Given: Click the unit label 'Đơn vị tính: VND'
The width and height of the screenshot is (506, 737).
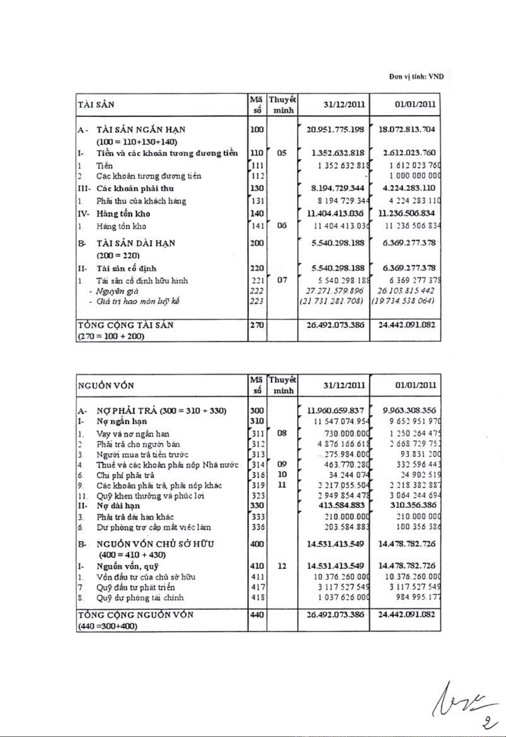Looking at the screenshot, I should [416, 77].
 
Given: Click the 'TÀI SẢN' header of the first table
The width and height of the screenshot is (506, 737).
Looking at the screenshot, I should [96, 105].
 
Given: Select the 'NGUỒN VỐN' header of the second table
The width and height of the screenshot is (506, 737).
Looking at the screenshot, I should [106, 385].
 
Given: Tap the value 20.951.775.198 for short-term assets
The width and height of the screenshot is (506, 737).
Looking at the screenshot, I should [335, 129].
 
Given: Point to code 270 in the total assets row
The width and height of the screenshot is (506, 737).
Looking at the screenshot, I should [257, 325].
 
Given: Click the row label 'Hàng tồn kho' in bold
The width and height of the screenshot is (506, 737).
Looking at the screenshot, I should [123, 214].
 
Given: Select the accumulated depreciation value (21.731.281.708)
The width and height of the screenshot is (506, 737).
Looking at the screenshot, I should [332, 301].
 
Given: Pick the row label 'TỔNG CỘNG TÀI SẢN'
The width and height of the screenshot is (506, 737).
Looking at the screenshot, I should [126, 325].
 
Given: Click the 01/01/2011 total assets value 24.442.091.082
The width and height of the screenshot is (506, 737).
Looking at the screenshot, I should [406, 325].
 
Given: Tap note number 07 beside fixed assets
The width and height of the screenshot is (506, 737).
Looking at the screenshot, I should [282, 280].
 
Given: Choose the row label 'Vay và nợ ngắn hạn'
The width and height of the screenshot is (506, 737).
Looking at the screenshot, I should [133, 434].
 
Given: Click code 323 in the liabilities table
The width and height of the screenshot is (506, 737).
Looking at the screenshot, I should [258, 495].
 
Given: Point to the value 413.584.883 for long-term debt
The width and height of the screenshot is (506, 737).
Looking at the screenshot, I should [341, 505].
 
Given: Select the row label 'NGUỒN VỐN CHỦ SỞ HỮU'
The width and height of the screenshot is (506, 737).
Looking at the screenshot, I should [155, 544].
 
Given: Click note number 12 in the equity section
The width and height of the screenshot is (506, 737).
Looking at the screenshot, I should [282, 566].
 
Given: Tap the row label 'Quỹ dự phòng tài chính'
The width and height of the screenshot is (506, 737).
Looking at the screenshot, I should [140, 598].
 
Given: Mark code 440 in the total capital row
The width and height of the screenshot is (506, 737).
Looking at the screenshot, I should [257, 615].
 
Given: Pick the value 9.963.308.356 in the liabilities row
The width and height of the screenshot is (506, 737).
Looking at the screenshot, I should [409, 411].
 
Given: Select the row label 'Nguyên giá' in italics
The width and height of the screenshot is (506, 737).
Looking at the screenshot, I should [117, 291].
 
